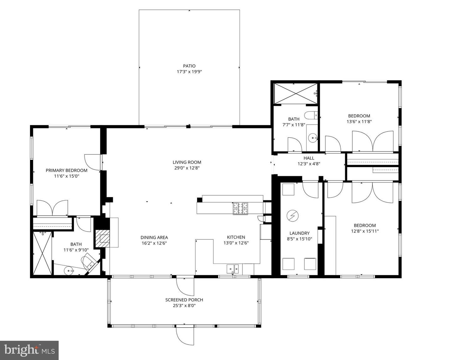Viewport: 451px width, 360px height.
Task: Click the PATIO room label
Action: (189, 66)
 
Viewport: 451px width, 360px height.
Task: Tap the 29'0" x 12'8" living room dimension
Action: (187, 168)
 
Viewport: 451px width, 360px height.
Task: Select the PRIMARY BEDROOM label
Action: (67, 170)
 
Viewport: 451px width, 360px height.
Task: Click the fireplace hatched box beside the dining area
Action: (102, 239)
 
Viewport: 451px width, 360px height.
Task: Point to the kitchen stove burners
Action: (241, 208)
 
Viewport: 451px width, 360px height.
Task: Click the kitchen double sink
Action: (232, 269)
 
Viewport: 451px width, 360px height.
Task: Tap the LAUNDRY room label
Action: (299, 233)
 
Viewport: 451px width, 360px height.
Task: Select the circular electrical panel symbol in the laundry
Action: (293, 216)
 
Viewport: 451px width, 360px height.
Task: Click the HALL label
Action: (309, 158)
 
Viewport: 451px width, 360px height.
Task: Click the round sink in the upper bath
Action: (313, 138)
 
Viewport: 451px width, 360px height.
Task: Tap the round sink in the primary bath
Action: (69, 271)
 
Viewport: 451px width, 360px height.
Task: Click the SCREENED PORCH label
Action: (184, 300)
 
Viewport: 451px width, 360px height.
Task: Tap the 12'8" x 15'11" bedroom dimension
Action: (365, 231)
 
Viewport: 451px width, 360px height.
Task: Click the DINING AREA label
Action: (154, 237)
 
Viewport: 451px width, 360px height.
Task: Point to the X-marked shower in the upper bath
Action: (296, 93)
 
